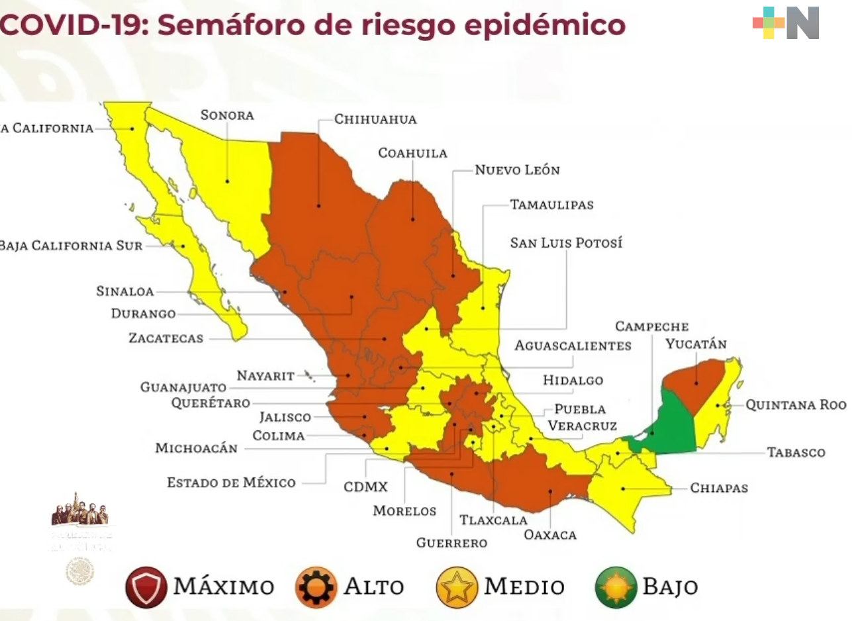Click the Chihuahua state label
tap(375, 120)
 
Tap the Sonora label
tap(227, 115)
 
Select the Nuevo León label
tap(517, 170)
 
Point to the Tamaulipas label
tap(551, 205)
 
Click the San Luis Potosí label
tap(566, 243)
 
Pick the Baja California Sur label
tap(71, 246)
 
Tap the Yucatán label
tap(696, 344)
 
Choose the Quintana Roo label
tap(795, 405)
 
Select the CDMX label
tap(365, 487)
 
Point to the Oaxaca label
tap(549, 534)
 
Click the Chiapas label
tap(719, 489)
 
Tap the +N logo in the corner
tap(786, 23)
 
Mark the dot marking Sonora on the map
tap(227, 181)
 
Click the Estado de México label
tap(231, 483)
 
